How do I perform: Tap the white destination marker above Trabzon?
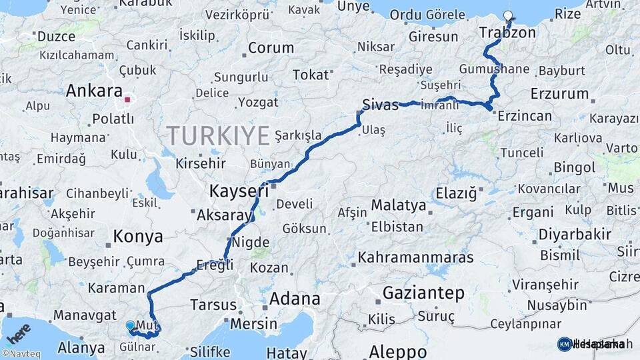[509, 16]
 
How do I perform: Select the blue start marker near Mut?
[130, 325]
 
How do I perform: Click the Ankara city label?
[94, 91]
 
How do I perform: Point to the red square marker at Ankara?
[127, 100]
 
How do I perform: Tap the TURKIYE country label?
[218, 135]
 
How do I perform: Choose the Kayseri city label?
[239, 191]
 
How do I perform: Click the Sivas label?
[381, 105]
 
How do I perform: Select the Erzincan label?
[523, 116]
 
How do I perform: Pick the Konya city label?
[138, 237]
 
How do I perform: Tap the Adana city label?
[294, 299]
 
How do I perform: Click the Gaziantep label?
[423, 293]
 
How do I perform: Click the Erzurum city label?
[560, 94]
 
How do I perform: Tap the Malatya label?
[398, 205]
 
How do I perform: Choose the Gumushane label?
[494, 69]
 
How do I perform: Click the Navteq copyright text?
[20, 354]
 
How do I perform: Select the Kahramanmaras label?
[415, 257]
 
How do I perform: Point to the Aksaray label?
[225, 215]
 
